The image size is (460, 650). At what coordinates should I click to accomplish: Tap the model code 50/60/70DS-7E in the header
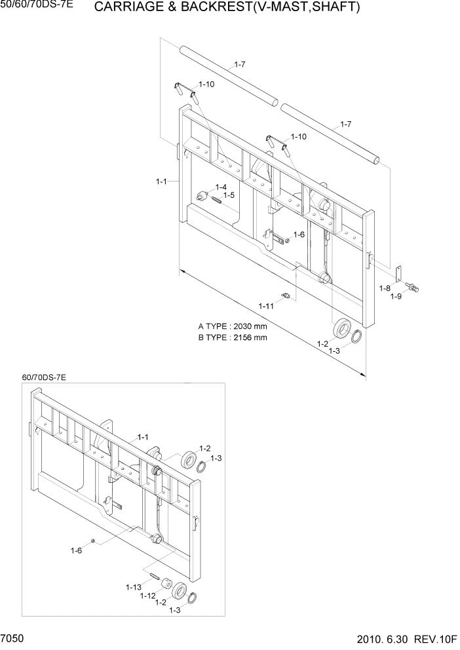(37, 5)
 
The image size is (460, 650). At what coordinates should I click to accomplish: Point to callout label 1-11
(266, 306)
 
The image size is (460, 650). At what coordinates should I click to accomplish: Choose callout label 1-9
(396, 297)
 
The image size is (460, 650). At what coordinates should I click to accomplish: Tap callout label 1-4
(221, 187)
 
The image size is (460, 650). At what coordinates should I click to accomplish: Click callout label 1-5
(229, 195)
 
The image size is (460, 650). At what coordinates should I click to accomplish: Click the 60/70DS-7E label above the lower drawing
(45, 377)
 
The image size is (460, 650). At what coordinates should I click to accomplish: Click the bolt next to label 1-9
(413, 286)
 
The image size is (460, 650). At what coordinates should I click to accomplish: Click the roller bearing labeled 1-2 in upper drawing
(341, 328)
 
